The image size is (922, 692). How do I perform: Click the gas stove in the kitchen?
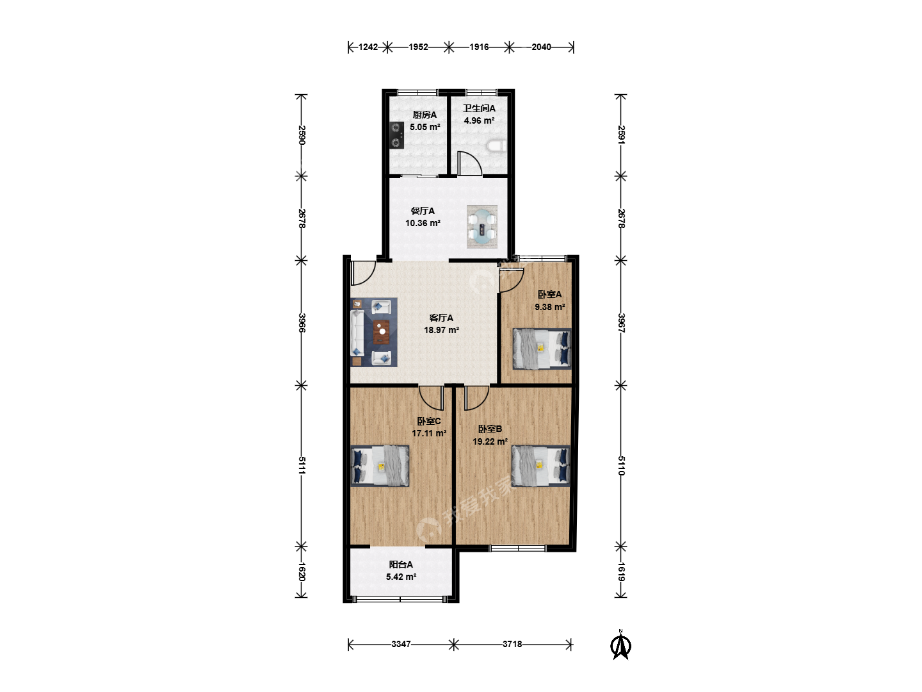396,135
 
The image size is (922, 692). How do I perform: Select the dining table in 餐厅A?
481,226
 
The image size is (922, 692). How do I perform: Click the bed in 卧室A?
542,349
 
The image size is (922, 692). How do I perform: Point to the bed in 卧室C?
380,466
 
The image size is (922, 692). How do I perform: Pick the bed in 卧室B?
540,466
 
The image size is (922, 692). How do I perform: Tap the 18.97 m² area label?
441,330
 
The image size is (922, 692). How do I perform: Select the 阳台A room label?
401,564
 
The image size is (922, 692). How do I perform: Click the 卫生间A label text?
479,108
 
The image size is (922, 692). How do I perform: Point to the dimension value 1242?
368,47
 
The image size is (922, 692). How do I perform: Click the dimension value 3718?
512,644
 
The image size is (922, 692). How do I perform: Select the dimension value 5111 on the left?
302,465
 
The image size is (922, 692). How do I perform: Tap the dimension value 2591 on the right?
621,135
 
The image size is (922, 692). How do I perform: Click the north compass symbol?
620,645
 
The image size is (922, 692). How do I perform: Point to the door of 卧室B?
476,397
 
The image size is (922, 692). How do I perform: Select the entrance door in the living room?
363,273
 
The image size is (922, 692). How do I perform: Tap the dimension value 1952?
418,47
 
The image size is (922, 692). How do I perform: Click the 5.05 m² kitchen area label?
425,127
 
